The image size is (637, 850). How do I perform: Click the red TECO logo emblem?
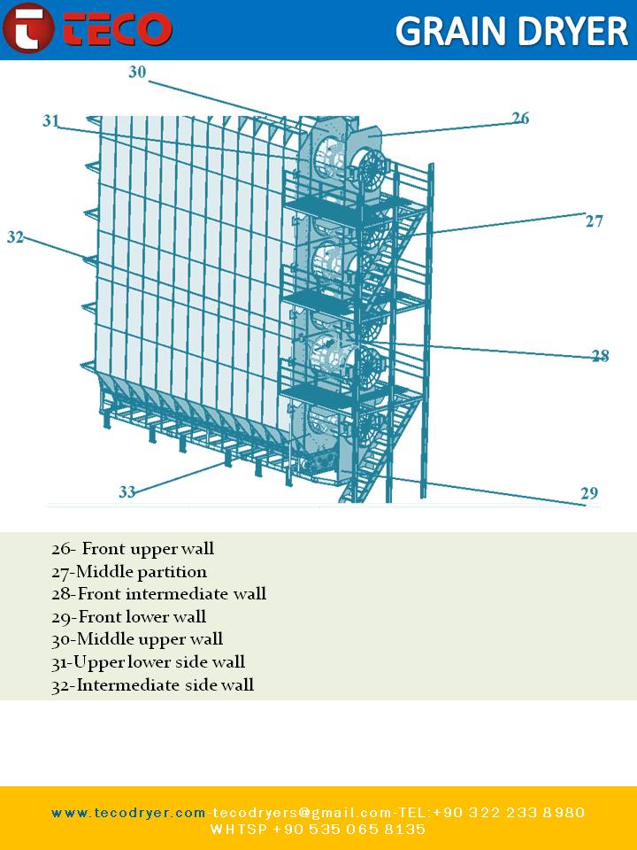[27, 28]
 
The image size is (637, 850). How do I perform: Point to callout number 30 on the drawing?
[137, 73]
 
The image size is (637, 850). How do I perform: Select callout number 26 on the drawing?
[520, 118]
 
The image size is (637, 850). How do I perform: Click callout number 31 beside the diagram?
[50, 121]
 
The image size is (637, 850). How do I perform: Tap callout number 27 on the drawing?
[595, 220]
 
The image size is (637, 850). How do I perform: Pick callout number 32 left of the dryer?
[15, 237]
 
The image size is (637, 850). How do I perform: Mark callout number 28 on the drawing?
[601, 356]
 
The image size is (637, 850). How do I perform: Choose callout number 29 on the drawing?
[589, 493]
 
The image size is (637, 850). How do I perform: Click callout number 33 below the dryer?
[127, 492]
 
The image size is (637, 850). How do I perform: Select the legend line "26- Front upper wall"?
[133, 549]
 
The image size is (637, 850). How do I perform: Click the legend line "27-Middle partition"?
[129, 572]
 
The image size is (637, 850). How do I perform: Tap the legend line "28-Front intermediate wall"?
[158, 594]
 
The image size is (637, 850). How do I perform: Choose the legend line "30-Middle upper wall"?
[137, 639]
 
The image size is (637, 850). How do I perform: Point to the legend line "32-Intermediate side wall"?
[152, 684]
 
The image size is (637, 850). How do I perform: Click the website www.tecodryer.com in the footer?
[128, 813]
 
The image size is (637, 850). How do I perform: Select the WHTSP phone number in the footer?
[318, 830]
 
